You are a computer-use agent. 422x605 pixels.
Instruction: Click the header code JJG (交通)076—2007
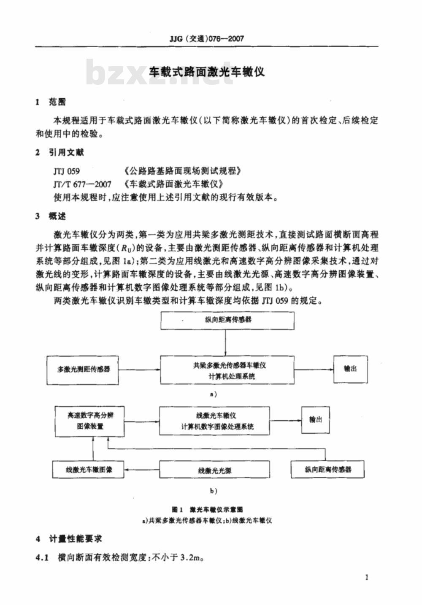207,39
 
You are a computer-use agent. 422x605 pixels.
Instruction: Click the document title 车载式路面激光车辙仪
207,72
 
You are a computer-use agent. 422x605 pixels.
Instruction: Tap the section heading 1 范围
51,103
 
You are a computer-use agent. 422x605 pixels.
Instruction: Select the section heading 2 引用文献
60,153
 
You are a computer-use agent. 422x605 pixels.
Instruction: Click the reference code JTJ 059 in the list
67,171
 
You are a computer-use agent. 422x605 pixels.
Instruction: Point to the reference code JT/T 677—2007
82,184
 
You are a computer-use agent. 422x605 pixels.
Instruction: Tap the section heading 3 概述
51,216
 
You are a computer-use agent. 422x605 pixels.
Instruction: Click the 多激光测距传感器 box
83,370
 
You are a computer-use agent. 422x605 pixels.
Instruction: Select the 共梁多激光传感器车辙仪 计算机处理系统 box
227,370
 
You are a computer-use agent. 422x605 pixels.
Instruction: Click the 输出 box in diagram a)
351,369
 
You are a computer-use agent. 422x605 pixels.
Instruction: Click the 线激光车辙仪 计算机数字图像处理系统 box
214,421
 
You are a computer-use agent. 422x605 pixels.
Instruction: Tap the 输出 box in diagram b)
316,420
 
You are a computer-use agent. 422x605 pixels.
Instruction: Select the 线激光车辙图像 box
88,470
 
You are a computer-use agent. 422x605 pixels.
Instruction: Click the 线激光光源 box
214,470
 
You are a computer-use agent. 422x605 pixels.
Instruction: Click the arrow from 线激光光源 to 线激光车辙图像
141,470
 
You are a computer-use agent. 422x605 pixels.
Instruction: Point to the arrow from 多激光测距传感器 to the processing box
139,370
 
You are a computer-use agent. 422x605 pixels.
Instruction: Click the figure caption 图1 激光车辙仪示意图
208,510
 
